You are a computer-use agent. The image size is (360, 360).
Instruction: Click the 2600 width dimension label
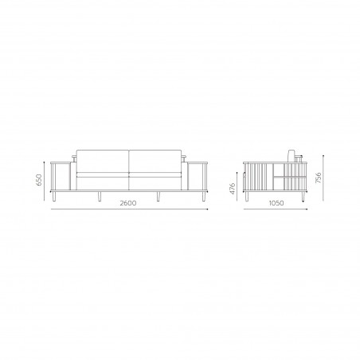[x=127, y=203]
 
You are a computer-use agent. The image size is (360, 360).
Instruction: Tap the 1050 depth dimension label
[x=276, y=203]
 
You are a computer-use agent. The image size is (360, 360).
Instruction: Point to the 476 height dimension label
[x=233, y=189]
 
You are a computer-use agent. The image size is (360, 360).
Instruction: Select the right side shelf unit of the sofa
[x=197, y=176]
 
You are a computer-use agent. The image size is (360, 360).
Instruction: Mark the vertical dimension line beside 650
[x=45, y=181]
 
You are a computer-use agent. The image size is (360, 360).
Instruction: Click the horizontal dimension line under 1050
[x=276, y=210]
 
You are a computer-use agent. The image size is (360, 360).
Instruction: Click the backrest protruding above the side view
[x=292, y=155]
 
